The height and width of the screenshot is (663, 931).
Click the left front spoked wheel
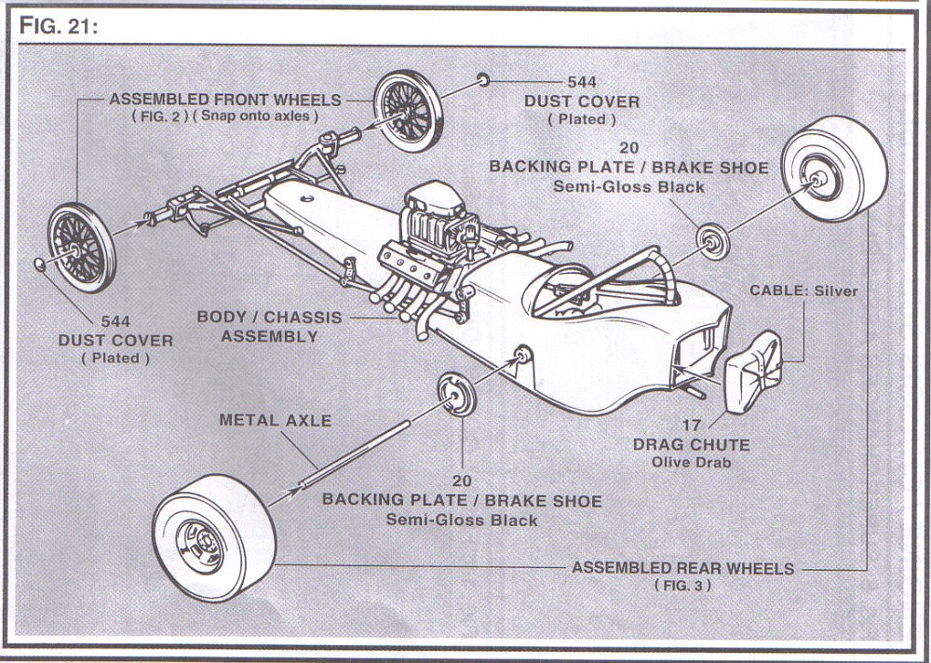pos(82,248)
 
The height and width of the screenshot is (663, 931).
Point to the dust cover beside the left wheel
pos(40,265)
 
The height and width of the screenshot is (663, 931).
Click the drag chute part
pos(752,366)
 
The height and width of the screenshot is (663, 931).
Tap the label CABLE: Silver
pos(803,291)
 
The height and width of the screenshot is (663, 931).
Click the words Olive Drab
pos(691,462)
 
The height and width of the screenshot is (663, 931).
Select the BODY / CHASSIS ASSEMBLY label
pos(269,326)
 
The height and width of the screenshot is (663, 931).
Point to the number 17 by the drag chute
pos(691,426)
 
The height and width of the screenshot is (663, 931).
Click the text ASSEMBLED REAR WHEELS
pos(682,568)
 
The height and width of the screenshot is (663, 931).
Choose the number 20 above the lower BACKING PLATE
pos(462,481)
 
